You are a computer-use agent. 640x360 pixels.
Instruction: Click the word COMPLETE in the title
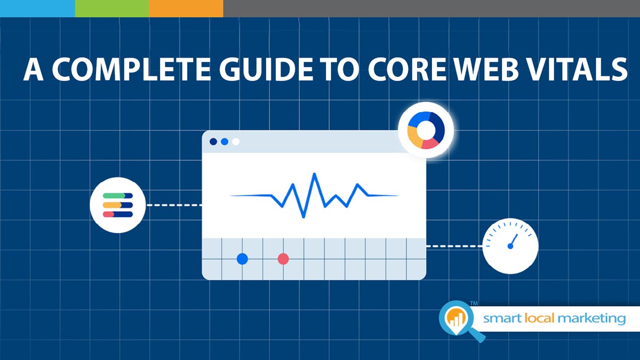point(132,69)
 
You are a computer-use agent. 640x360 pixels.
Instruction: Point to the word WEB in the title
point(486,69)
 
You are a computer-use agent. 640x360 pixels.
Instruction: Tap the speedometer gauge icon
point(510,246)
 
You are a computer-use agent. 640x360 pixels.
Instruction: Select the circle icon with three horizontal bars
point(118,205)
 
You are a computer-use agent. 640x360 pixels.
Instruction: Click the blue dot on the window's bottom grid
point(242,259)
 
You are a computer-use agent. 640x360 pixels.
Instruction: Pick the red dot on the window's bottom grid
point(283,259)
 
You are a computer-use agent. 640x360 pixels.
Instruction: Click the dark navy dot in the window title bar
point(213,141)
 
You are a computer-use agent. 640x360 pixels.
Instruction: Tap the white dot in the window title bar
point(236,141)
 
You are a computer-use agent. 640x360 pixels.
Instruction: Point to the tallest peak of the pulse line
point(315,174)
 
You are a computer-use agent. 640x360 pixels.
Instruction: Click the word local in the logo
point(539,318)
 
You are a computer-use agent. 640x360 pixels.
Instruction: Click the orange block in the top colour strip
point(186,9)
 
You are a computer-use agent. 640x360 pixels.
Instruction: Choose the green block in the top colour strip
point(112,9)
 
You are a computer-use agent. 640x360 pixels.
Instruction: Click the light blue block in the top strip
point(37,9)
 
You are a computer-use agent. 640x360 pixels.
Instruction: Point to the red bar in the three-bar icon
point(109,214)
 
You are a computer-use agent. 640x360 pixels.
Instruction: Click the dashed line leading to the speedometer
point(454,246)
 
